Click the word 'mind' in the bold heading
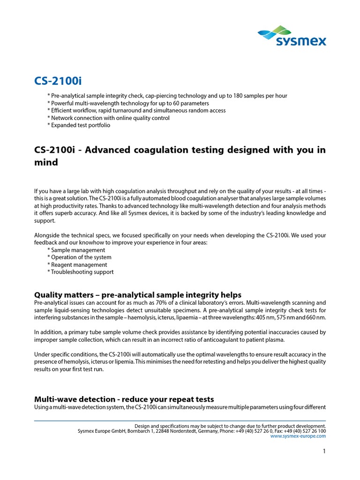[x=46, y=162]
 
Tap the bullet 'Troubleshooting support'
[x=82, y=272]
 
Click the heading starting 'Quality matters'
[x=138, y=295]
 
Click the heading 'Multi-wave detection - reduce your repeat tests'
[x=124, y=399]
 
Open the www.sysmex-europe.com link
[x=299, y=435]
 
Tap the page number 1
[x=324, y=451]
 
